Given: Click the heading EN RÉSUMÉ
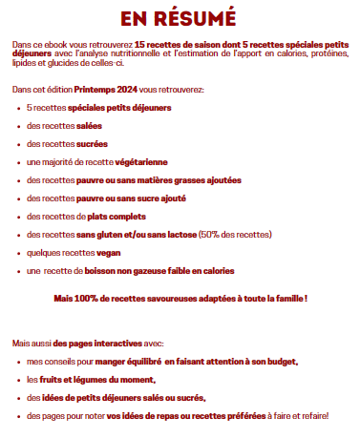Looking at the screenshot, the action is (x=180, y=19).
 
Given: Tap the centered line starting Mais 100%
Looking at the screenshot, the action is (x=180, y=298).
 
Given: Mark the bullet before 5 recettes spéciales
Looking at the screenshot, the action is (x=20, y=107).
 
